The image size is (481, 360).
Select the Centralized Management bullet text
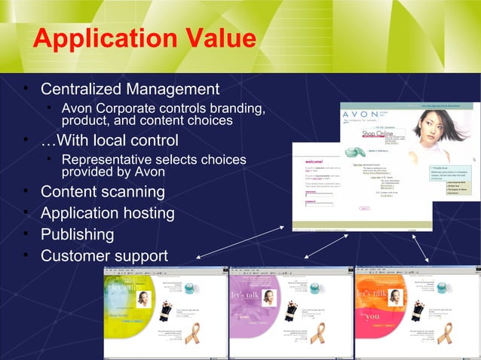130,89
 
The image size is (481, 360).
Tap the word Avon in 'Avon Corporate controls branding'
76,109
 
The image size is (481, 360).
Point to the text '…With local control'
109,141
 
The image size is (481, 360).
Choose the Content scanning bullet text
103,191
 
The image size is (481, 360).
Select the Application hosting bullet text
108,213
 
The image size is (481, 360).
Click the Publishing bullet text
78,234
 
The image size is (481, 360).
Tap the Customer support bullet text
104,256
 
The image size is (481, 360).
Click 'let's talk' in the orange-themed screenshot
370,292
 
